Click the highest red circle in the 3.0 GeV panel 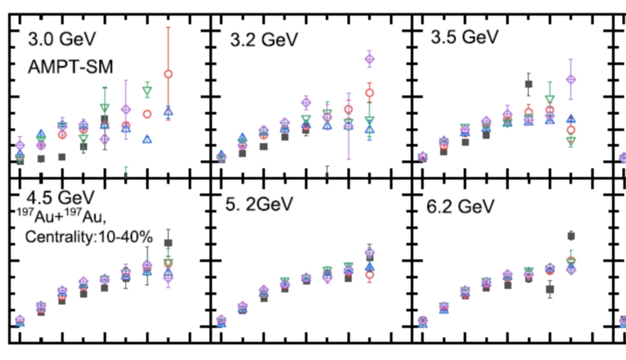click(169, 73)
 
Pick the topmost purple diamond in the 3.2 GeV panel click(369, 59)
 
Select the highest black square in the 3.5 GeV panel click(529, 84)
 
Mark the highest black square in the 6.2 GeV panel click(571, 236)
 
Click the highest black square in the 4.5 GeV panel click(168, 243)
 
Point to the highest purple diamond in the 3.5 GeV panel click(571, 79)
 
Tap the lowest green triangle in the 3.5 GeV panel click(571, 141)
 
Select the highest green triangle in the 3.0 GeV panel click(147, 91)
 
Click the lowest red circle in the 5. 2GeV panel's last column click(369, 275)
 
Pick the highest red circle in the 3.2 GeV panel click(369, 93)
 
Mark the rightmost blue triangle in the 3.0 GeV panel click(169, 110)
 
